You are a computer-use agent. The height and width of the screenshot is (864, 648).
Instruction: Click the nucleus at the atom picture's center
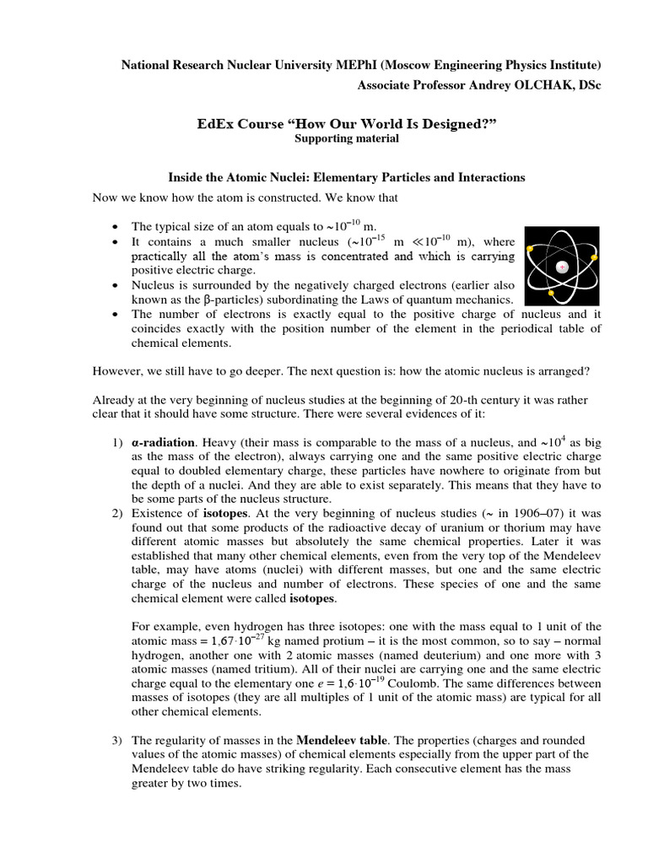[x=562, y=267]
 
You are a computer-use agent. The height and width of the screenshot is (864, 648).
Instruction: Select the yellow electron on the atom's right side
[x=595, y=256]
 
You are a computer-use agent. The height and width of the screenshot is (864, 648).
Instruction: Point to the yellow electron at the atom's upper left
[x=530, y=250]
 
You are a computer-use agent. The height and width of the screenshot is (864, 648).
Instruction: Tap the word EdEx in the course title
[x=217, y=125]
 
